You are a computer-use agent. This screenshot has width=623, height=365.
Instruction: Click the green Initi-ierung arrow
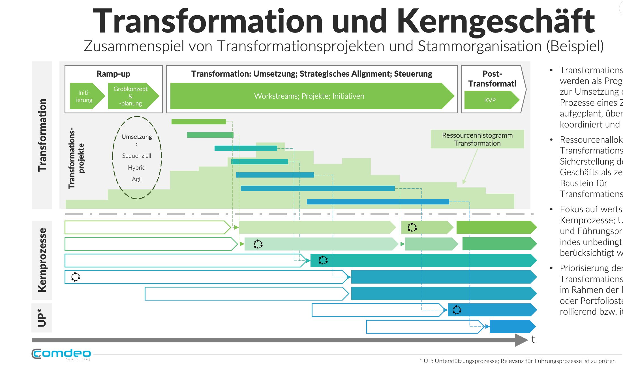(x=85, y=96)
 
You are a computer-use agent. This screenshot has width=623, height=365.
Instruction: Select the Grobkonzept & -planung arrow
(x=131, y=96)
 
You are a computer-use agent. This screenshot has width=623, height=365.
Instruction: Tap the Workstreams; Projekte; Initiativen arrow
(x=309, y=96)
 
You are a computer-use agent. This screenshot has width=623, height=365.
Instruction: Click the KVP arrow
(x=490, y=100)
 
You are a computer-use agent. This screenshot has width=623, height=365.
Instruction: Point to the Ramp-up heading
(x=113, y=74)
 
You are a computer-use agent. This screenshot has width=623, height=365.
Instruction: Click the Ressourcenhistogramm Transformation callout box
(x=477, y=139)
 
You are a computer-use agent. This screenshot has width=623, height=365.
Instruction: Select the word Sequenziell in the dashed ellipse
(x=136, y=156)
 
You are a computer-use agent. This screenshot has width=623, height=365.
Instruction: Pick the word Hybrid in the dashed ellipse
(x=136, y=168)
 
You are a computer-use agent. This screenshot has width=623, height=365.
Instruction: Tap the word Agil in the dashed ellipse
(x=136, y=179)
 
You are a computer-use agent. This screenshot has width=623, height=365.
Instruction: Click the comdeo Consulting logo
(x=61, y=354)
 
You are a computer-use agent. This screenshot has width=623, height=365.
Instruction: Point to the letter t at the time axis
(x=533, y=339)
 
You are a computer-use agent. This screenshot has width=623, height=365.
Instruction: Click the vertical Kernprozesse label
(x=42, y=260)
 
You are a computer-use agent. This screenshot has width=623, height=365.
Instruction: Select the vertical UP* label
(x=42, y=318)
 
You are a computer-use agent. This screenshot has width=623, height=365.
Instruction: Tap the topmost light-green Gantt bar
(x=198, y=122)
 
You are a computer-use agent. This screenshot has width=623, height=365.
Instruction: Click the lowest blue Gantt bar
(x=378, y=202)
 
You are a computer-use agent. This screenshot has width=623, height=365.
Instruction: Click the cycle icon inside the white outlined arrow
(x=76, y=277)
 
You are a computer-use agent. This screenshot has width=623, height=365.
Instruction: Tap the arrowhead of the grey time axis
(x=521, y=340)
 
